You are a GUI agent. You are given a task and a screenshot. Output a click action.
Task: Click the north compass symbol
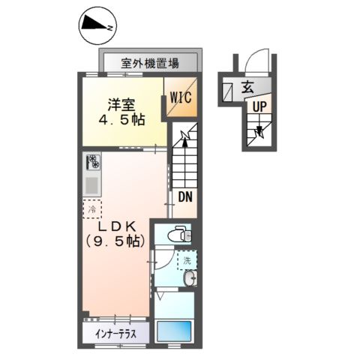pyautogui.click(x=97, y=25)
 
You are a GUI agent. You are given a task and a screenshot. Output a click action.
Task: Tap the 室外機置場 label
pyautogui.click(x=150, y=63)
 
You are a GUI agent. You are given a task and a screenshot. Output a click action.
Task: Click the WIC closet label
pyautogui.click(x=181, y=97)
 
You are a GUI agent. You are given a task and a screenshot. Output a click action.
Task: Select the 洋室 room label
pyautogui.click(x=121, y=105)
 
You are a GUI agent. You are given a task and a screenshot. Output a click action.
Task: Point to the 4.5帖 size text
pyautogui.click(x=121, y=119)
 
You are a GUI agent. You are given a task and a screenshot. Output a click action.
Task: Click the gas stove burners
pyautogui.click(x=93, y=161)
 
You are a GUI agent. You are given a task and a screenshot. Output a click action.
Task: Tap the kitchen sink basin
pyautogui.click(x=92, y=185)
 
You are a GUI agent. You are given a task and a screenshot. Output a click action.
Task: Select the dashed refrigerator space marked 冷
pyautogui.click(x=92, y=209)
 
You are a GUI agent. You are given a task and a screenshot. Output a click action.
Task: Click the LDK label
pyautogui.click(x=117, y=226)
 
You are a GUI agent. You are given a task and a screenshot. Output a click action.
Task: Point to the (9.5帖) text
pyautogui.click(x=115, y=241)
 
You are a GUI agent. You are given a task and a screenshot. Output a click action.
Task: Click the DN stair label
pyautogui.click(x=185, y=197)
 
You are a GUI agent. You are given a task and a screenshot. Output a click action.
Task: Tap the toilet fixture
pyautogui.click(x=179, y=234)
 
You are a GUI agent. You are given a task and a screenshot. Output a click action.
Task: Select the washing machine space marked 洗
pyautogui.click(x=187, y=260)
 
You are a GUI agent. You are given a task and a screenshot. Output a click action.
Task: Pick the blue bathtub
pyautogui.click(x=174, y=330)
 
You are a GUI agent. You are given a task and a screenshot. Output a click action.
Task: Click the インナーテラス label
pyautogui.click(x=116, y=334)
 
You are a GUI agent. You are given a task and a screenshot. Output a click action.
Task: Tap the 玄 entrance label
pyautogui.click(x=247, y=88)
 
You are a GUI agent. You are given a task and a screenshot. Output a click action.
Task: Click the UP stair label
pyautogui.click(x=259, y=107)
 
